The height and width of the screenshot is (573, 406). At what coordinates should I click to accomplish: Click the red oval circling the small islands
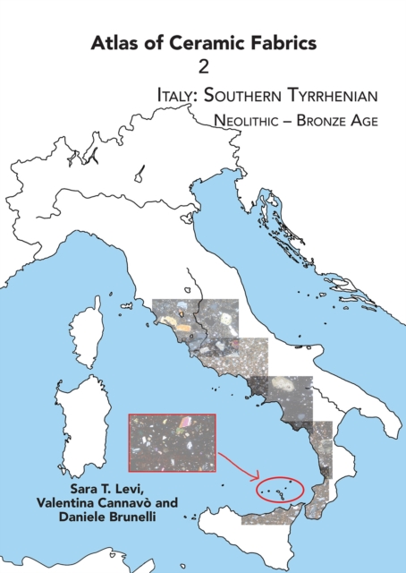click(x=280, y=489)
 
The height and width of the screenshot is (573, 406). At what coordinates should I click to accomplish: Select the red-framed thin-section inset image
click(x=172, y=442)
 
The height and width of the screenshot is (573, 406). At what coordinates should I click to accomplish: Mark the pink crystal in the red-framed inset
click(x=186, y=421)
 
